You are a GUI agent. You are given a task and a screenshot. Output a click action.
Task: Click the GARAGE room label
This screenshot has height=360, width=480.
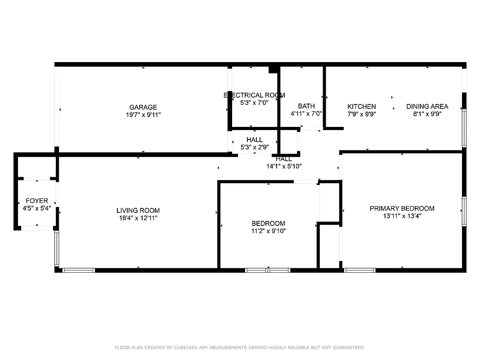pos(143,107)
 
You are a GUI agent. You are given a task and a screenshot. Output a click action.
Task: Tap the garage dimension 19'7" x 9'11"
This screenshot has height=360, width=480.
pos(143,114)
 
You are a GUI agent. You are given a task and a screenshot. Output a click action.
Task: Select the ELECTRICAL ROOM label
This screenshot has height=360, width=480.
pos(254,95)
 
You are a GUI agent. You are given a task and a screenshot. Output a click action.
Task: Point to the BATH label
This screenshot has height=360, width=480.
pos(306,106)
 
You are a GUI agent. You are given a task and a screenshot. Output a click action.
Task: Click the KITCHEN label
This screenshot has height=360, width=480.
pos(361,107)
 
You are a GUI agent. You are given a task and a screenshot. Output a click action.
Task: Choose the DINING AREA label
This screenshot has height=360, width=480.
pos(427,107)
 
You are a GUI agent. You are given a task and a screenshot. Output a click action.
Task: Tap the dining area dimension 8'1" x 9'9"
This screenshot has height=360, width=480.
pos(427,114)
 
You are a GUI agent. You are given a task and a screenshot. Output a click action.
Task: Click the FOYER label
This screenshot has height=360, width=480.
pos(37,201)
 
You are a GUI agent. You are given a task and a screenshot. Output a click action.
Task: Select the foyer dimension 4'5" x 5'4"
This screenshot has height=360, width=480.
pos(37,208)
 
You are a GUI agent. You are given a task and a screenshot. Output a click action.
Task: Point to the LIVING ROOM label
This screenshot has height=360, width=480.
pos(138,211)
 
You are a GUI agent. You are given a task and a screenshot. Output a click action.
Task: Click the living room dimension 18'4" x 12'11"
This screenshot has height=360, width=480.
pos(138,218)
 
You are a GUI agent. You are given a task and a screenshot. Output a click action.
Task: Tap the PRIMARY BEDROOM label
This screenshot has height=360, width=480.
pos(402,208)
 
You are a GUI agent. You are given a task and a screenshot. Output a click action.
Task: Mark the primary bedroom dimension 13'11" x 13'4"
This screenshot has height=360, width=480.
pos(402,216)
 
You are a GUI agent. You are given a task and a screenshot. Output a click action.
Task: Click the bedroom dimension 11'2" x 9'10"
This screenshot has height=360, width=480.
pos(268,231)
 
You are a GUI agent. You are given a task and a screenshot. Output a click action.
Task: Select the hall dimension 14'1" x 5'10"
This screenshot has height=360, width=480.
pos(283,166)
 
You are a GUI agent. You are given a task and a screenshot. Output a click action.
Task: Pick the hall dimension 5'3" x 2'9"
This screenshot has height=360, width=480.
pos(254,147)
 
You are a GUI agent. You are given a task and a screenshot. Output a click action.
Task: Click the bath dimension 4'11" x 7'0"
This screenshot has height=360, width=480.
pos(306,113)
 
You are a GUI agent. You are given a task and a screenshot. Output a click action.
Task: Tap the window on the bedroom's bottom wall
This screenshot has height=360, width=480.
pos(268,270)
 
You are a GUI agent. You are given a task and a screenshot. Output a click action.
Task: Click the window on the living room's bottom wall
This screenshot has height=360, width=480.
pos(78,270)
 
